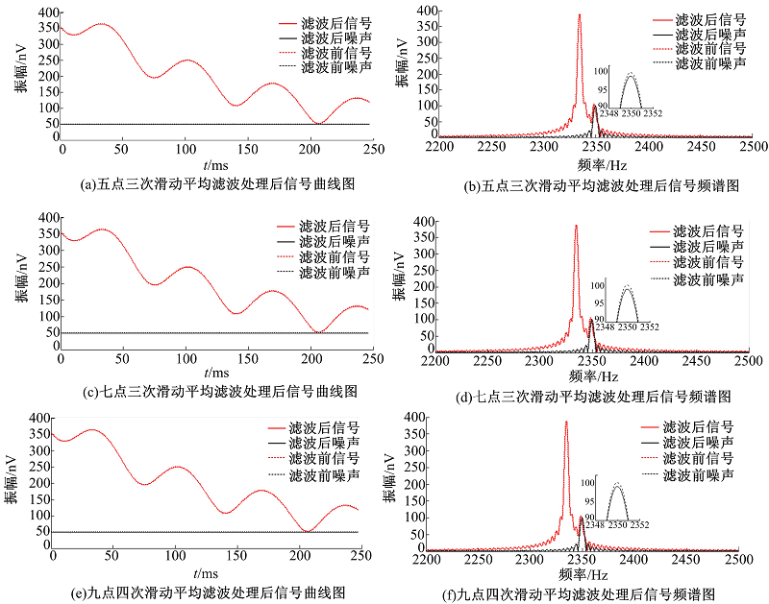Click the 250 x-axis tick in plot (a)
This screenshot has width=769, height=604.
pyautogui.click(x=373, y=150)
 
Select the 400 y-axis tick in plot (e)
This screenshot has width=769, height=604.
pyautogui.click(x=37, y=419)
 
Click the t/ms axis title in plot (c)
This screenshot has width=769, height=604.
pyautogui.click(x=217, y=373)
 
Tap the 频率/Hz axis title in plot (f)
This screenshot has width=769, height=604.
pyautogui.click(x=581, y=573)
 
